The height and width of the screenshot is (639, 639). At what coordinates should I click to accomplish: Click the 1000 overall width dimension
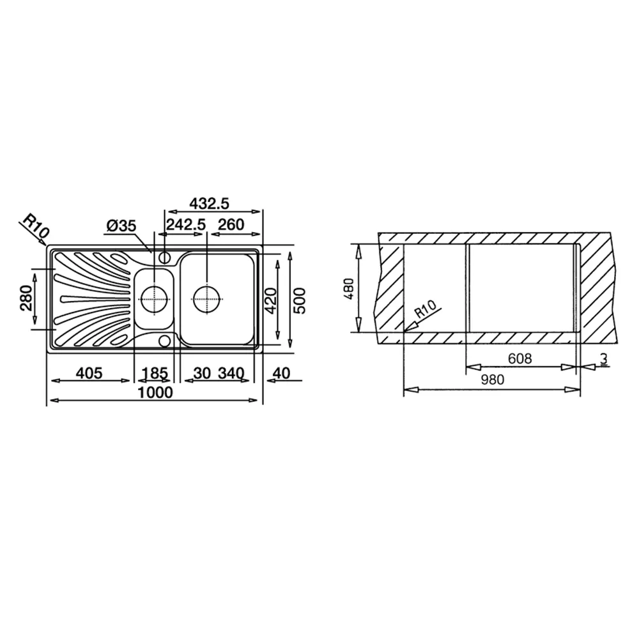click(155, 392)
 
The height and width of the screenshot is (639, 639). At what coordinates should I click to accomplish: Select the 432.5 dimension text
click(210, 203)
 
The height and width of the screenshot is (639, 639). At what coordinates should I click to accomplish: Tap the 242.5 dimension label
click(186, 224)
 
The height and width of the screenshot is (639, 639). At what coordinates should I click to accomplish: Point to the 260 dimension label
click(231, 224)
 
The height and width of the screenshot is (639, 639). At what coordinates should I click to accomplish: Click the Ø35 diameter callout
click(121, 226)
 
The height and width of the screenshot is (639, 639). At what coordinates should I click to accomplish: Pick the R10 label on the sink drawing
click(35, 226)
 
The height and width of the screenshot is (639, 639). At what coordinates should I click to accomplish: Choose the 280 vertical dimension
click(26, 298)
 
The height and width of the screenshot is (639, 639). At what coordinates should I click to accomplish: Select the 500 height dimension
click(300, 301)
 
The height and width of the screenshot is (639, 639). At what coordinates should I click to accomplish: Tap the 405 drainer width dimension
click(89, 373)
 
